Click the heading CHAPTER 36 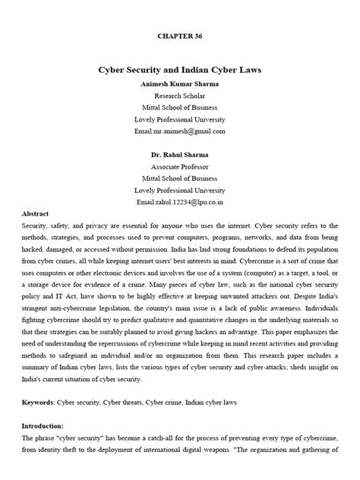coord(180,35)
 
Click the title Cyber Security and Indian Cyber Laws coord(180,69)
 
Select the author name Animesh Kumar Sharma coord(179,84)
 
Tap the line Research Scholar coord(179,96)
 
